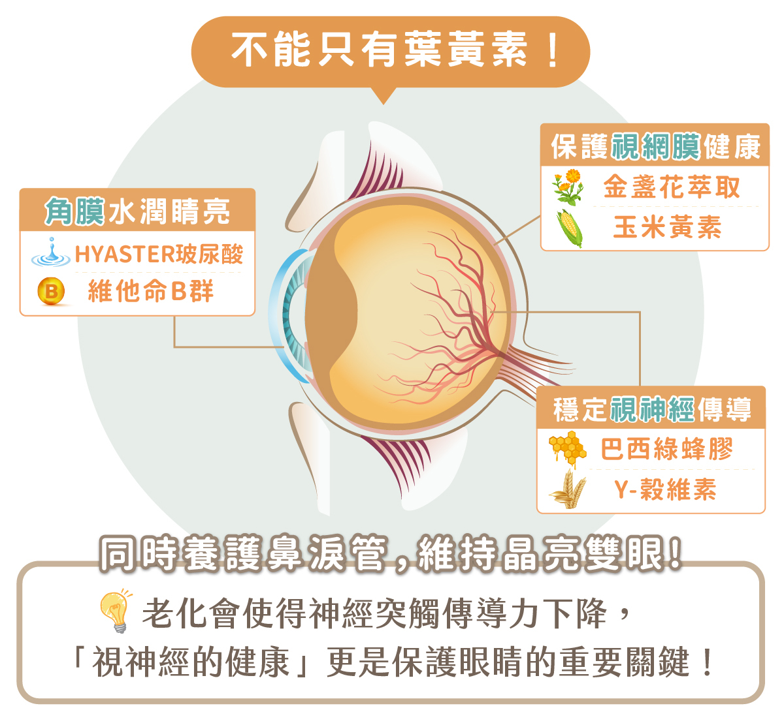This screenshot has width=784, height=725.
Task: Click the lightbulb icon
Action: click(x=116, y=610)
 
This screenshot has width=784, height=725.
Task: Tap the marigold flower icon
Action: click(x=568, y=187)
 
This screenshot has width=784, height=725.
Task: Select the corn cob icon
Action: click(x=569, y=228)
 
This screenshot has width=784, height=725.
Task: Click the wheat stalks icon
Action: click(x=566, y=489)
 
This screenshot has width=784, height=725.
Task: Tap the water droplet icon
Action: click(x=52, y=253)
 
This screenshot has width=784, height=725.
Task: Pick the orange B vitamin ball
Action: click(x=52, y=291)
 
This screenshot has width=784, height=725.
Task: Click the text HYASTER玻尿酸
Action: click(x=159, y=254)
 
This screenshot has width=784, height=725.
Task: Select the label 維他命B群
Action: click(x=151, y=291)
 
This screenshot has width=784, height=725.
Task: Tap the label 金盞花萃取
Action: click(x=672, y=187)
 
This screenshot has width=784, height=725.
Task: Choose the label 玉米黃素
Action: click(x=668, y=228)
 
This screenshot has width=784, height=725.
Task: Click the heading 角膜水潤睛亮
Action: click(x=137, y=211)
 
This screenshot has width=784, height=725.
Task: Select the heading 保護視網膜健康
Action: click(x=655, y=146)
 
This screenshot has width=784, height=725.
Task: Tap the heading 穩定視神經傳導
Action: click(x=651, y=409)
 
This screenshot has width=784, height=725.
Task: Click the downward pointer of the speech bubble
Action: click(x=384, y=97)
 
